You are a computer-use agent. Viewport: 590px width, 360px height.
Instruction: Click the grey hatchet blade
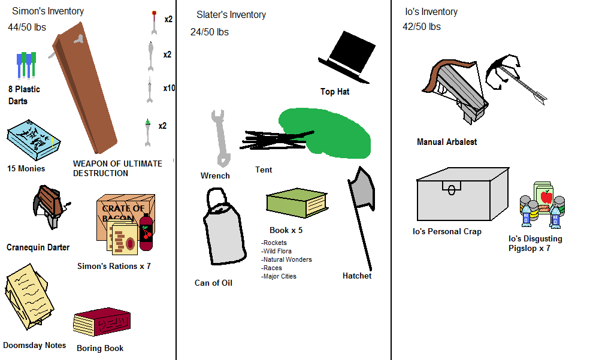363,190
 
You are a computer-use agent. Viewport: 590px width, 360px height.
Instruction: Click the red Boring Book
102,323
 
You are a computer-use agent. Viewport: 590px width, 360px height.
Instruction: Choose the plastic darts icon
25,66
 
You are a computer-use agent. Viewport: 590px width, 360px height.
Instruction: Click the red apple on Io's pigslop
546,196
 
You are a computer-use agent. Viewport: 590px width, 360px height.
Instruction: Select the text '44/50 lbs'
27,27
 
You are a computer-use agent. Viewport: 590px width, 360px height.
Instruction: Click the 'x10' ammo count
169,88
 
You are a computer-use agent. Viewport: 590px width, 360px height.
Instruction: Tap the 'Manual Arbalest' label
447,142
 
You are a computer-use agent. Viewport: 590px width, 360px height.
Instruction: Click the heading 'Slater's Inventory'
231,14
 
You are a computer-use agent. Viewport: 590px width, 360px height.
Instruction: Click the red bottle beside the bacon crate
146,233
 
